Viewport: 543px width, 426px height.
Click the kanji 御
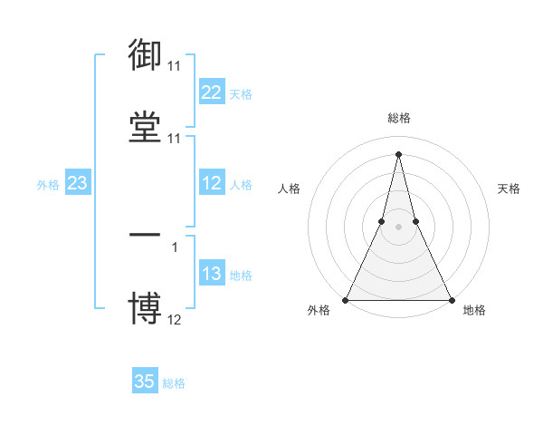click(x=145, y=55)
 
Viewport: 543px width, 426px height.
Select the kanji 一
click(x=145, y=234)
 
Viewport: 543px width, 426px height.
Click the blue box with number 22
click(x=211, y=92)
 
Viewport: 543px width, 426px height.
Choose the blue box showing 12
click(x=211, y=183)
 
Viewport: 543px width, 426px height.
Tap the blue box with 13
click(x=211, y=274)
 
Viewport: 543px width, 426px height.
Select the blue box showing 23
click(x=77, y=183)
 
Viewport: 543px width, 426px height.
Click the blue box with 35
click(x=145, y=382)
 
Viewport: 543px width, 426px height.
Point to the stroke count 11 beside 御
click(x=174, y=67)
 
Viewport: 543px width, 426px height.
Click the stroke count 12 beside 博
click(x=174, y=319)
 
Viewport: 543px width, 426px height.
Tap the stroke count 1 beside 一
click(x=174, y=247)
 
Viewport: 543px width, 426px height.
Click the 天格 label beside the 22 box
click(x=241, y=93)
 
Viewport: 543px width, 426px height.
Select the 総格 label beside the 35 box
click(x=174, y=383)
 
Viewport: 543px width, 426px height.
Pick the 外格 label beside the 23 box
click(x=48, y=185)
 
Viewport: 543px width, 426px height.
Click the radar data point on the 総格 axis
click(x=398, y=153)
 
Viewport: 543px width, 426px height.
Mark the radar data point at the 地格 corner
click(x=452, y=300)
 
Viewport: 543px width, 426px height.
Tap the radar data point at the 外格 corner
click(x=346, y=300)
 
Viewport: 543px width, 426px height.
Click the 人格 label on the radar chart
click(x=289, y=189)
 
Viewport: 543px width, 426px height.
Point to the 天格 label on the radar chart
click(x=509, y=189)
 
